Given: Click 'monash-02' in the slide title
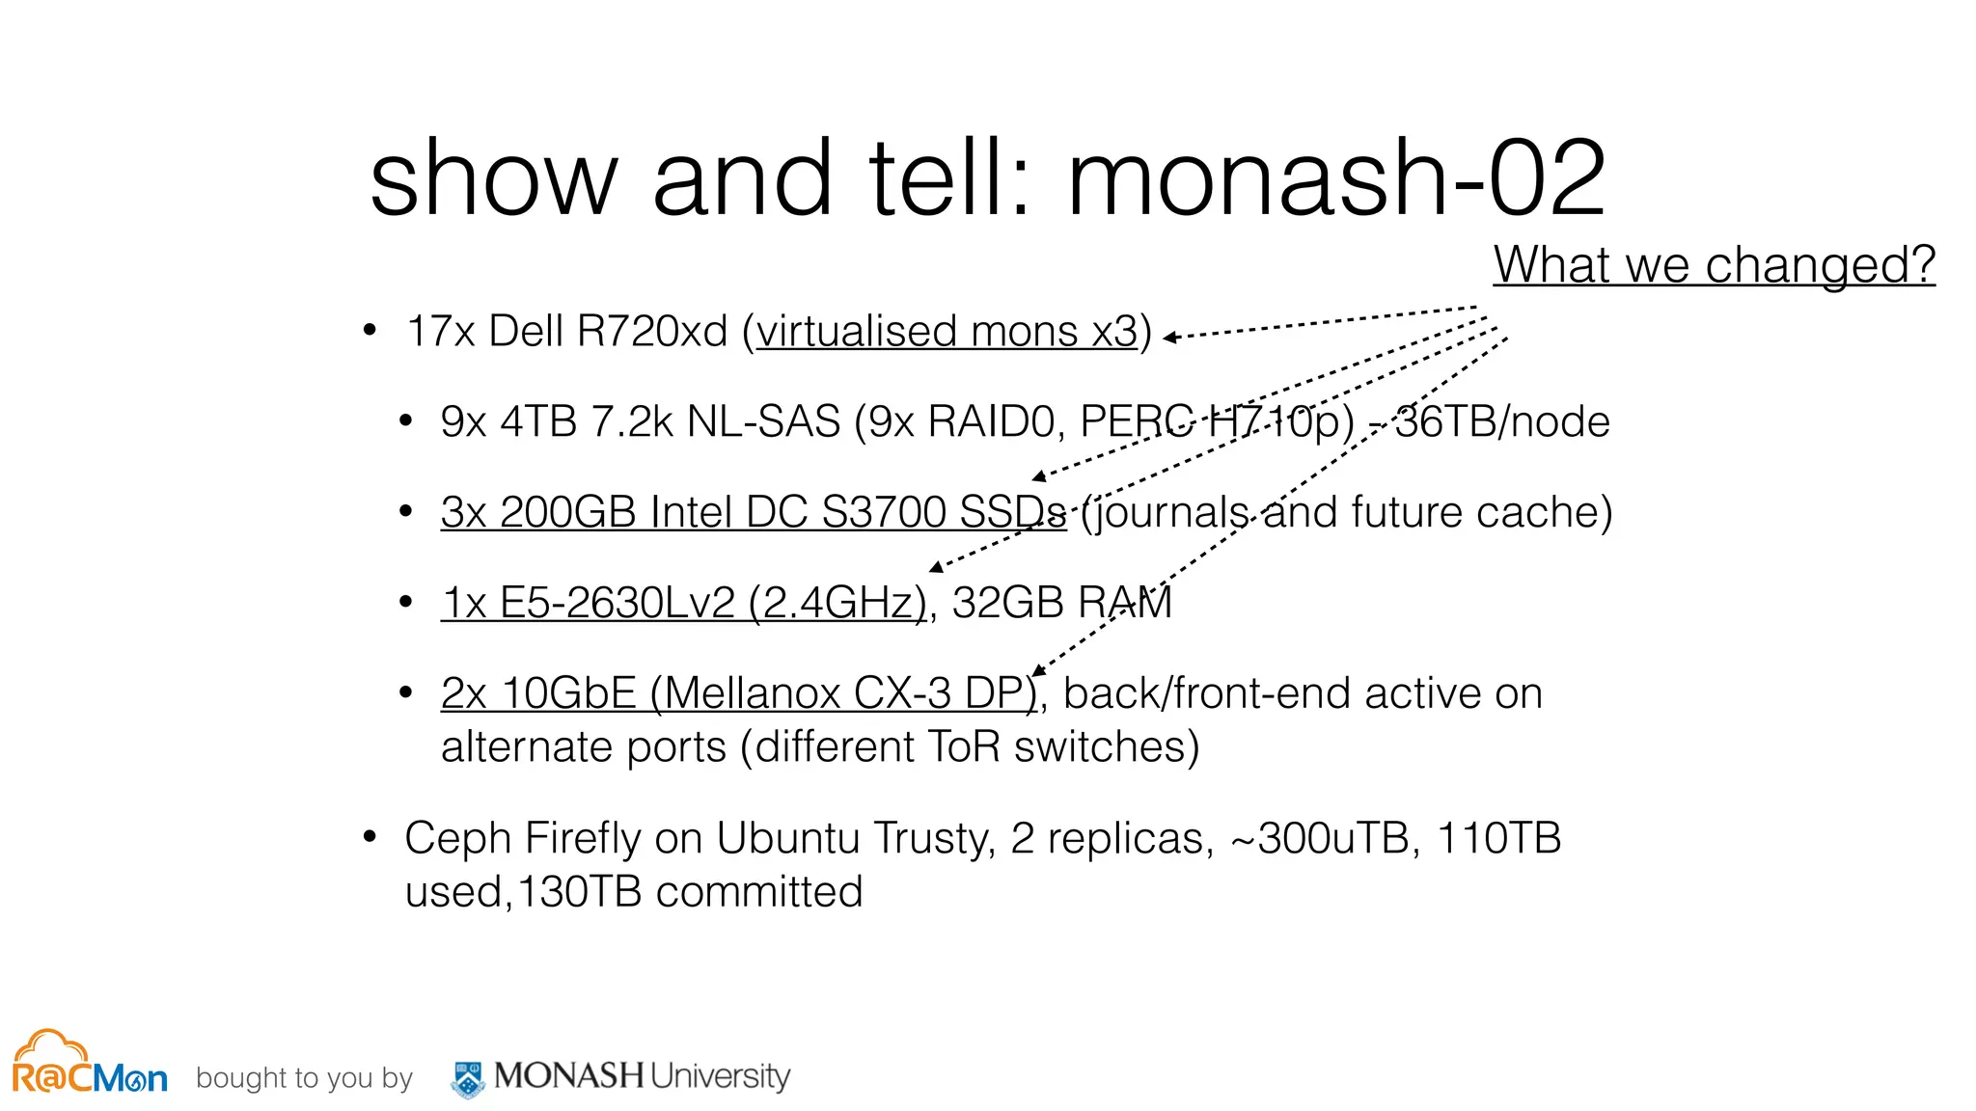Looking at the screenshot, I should point(1336,178).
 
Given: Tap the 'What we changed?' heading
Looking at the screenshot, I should point(1714,264).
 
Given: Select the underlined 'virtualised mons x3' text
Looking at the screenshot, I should point(947,332).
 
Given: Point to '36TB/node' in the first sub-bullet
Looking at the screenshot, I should point(1502,422).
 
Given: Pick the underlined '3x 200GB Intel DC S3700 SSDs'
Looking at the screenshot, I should point(753,512).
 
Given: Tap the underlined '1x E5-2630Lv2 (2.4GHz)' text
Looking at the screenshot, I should point(683,603).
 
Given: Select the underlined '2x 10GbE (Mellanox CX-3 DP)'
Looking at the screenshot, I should point(738,693).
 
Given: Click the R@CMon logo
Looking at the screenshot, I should point(90,1064).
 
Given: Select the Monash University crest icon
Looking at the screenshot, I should point(469,1079).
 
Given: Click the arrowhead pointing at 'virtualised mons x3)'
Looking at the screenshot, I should point(1170,338).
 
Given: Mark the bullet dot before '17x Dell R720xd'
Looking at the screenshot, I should point(370,331).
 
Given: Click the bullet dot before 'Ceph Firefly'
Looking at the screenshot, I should point(370,836).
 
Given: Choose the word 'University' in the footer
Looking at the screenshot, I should point(720,1075).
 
